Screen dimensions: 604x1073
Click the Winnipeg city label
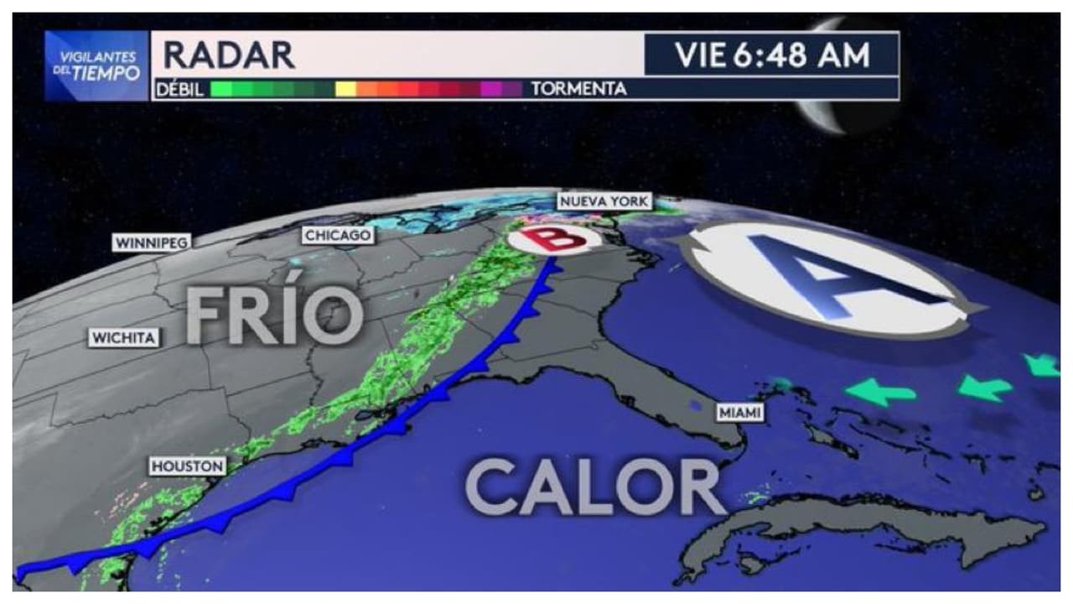[x=152, y=242]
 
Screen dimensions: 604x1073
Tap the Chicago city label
[x=338, y=236]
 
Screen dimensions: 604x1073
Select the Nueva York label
[x=604, y=201]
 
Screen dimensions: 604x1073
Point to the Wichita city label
[x=124, y=338]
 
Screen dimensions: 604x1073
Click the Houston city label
[x=187, y=466]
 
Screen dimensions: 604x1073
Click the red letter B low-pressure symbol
[x=552, y=239]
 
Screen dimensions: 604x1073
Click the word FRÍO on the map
[x=273, y=315]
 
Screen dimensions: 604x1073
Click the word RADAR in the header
[x=229, y=55]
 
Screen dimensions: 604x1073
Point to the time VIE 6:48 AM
[x=771, y=55]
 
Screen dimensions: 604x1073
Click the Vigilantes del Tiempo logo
[x=97, y=66]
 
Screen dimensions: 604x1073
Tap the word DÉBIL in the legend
[x=180, y=89]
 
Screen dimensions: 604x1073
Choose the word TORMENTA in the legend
[x=579, y=89]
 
